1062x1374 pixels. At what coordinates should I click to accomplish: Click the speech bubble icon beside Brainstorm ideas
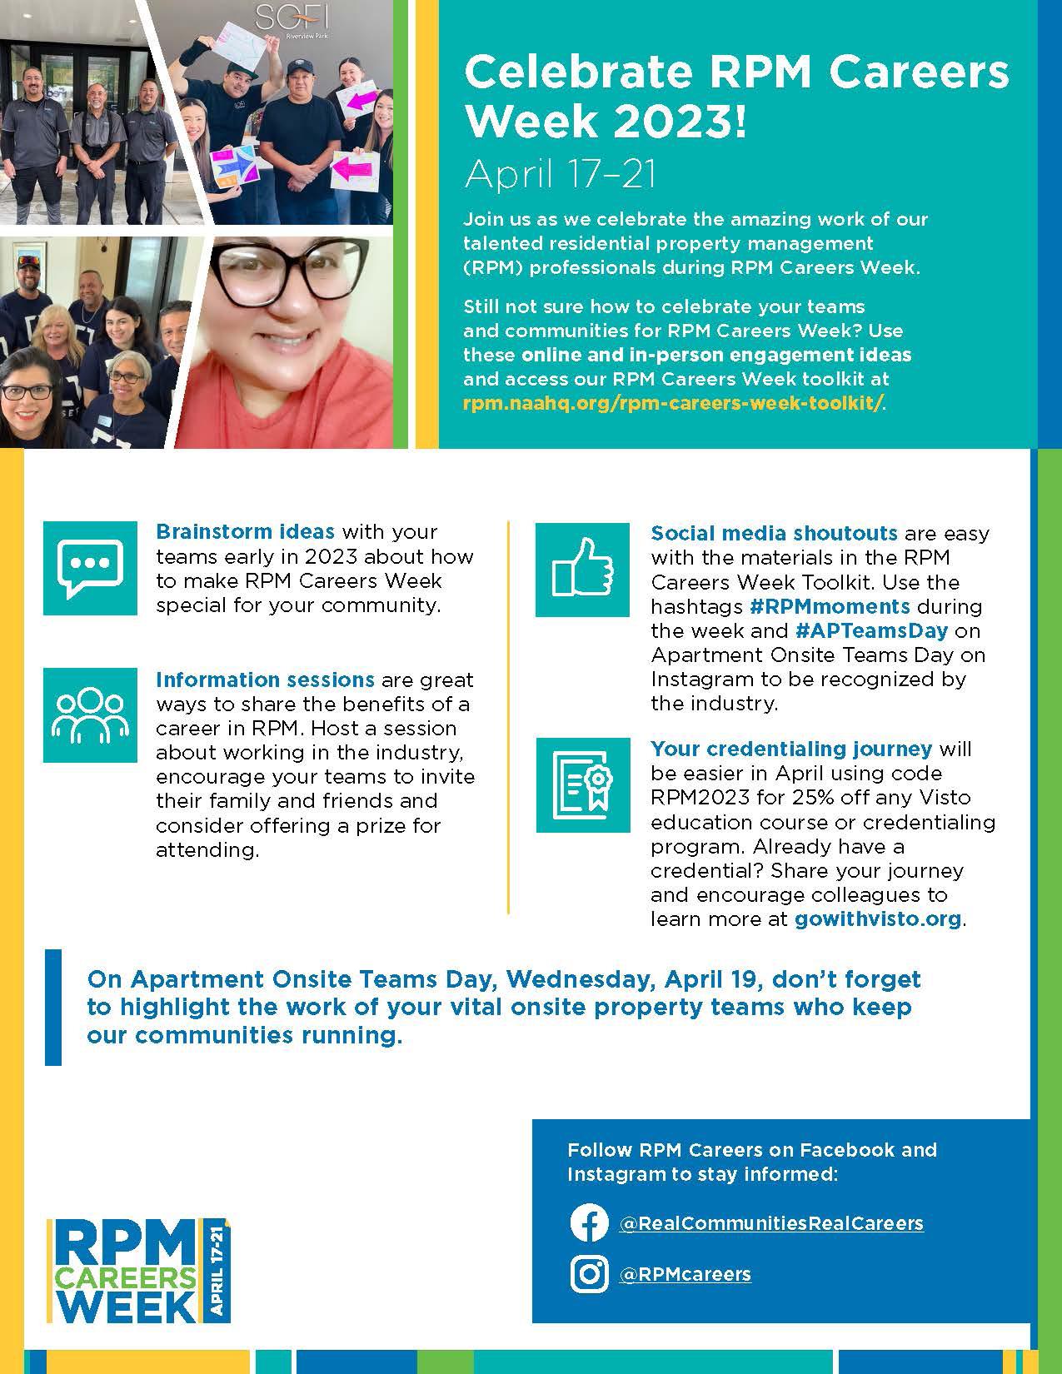(90, 568)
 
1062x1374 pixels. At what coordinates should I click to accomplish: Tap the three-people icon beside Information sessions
(90, 714)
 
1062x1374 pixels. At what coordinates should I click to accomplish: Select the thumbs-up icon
(582, 570)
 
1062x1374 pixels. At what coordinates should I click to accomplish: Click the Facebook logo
(589, 1223)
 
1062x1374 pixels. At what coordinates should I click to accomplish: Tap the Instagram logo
(589, 1274)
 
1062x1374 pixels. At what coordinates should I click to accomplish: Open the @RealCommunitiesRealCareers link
(771, 1223)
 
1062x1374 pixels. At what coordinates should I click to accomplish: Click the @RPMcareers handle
(685, 1274)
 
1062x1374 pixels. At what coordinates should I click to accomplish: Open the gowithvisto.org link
(878, 919)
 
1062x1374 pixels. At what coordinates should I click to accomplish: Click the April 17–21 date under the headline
(561, 174)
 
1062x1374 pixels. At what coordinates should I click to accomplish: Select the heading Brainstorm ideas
(245, 531)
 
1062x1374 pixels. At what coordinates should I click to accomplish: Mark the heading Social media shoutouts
(774, 533)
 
